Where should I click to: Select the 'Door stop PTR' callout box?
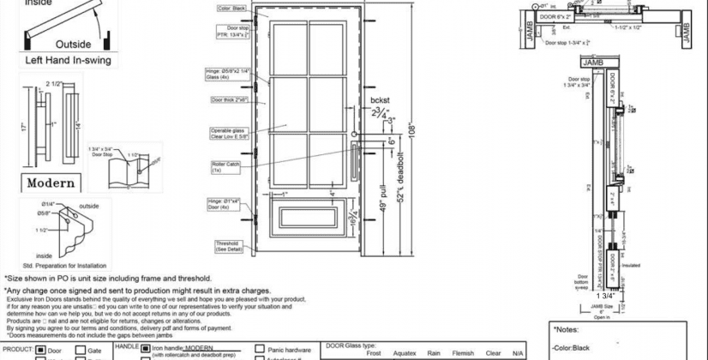232,32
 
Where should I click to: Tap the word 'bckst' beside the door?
380,100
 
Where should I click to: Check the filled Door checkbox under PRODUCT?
40,350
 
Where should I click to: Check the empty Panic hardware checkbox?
260,350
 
